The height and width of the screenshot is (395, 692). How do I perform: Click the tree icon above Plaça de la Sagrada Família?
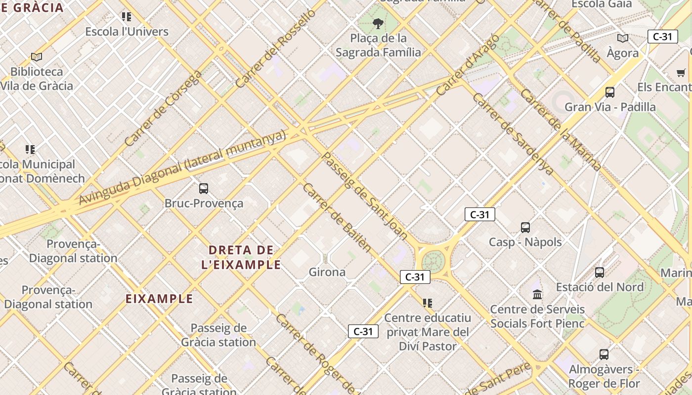pos(378,23)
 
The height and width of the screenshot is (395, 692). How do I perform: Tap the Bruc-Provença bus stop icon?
pos(204,188)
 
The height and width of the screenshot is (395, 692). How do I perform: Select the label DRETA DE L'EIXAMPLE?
pos(241,257)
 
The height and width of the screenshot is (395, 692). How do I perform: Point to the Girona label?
pos(327,272)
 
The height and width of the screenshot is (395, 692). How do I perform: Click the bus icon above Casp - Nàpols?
pos(525,228)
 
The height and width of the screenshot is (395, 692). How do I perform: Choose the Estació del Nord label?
pos(600,287)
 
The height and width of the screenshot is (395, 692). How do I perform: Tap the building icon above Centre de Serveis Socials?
pos(537,295)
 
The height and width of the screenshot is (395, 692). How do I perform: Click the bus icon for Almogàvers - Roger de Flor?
pos(604,354)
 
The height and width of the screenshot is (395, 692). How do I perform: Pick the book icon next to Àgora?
pos(623,38)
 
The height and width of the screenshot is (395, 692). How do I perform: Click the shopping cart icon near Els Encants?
pos(681,73)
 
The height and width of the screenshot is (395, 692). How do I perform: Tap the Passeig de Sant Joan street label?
pos(365,196)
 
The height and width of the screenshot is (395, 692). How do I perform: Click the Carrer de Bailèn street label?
pos(337,217)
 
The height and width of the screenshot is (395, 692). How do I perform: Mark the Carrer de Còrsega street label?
pos(163,108)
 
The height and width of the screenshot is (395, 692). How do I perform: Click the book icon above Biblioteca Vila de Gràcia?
pos(37,57)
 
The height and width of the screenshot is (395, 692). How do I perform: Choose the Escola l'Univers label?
pos(127,32)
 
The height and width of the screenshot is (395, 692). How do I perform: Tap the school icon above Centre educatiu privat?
pos(428,303)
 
